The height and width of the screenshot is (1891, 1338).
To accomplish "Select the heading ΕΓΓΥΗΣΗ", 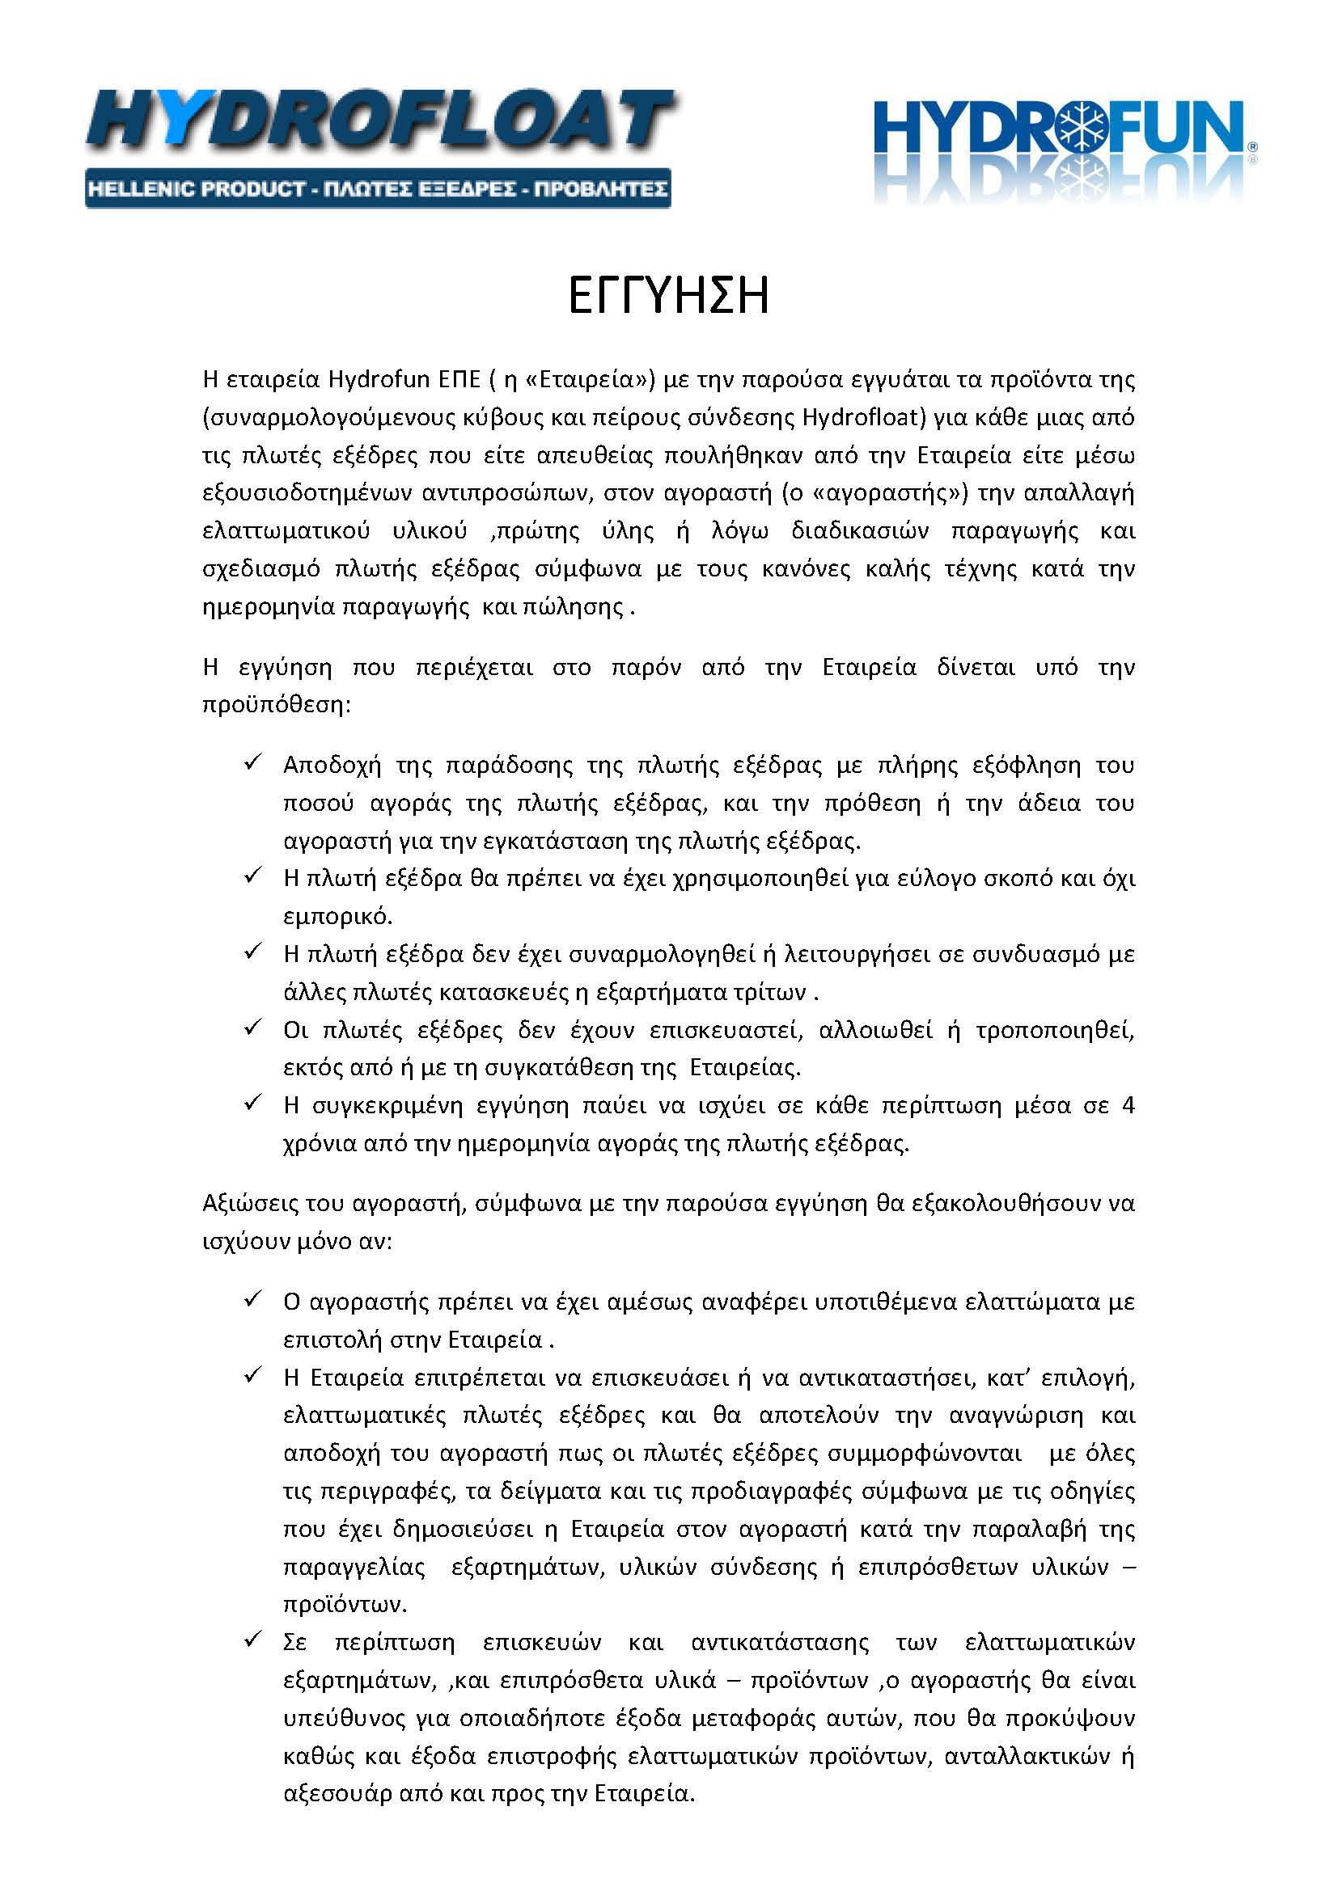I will pos(668,298).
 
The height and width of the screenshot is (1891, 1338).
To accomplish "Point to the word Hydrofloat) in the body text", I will pos(865,417).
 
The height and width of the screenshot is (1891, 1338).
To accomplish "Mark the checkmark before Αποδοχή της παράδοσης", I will pos(252,762).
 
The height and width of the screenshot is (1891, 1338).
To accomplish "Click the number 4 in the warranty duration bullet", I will pos(1128,1105).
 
